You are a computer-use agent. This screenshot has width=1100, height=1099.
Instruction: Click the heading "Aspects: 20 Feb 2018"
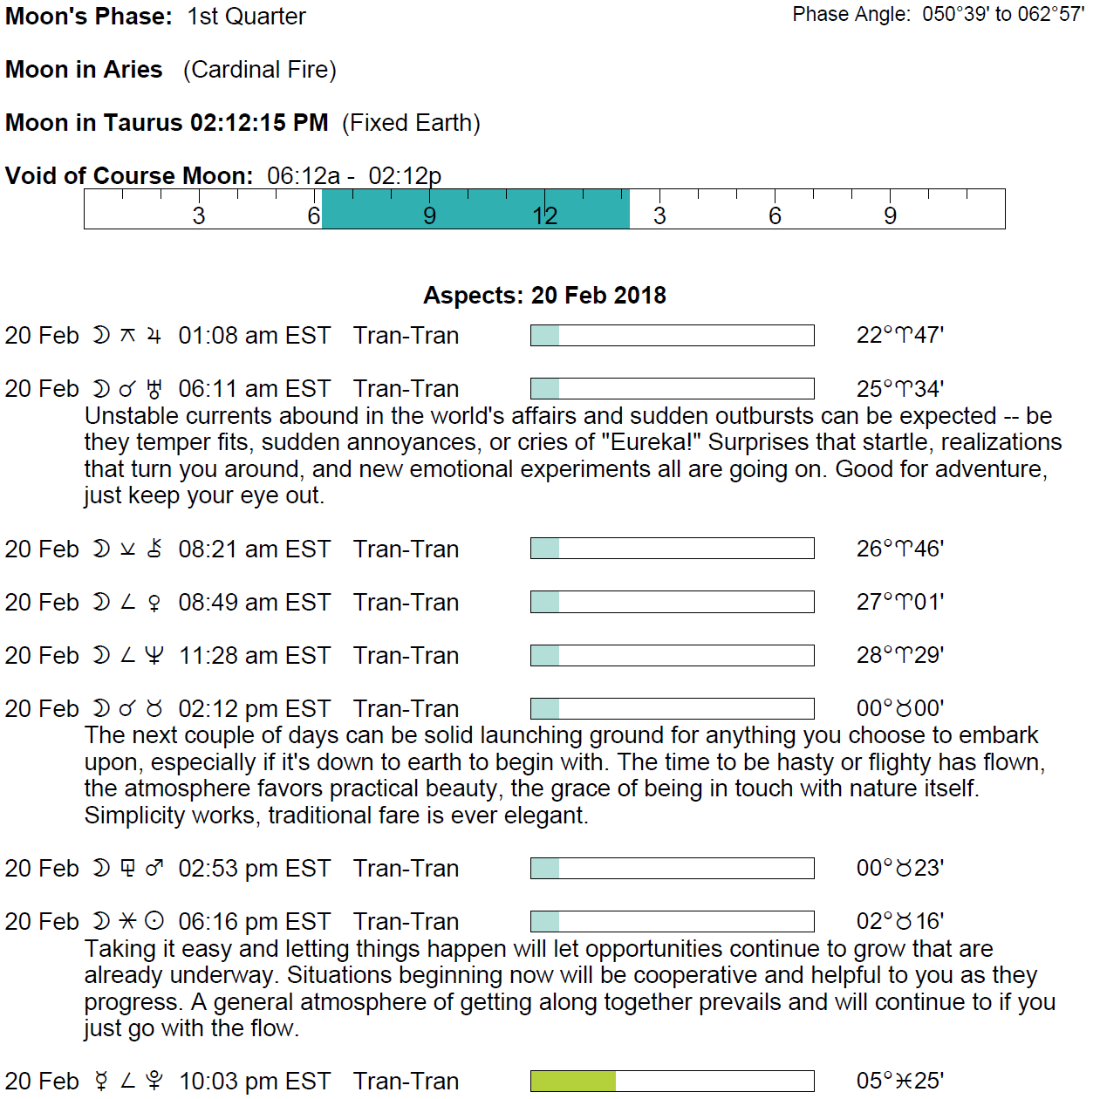click(x=544, y=296)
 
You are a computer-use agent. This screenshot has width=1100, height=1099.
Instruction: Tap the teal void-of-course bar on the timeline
click(x=475, y=209)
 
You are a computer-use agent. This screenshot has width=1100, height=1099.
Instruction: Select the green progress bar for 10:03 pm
click(x=573, y=1082)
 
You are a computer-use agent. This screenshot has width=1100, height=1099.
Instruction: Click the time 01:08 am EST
click(x=254, y=336)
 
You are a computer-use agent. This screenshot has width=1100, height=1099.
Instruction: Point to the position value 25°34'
click(x=899, y=389)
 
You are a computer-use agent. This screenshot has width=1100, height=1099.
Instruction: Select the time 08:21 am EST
click(x=254, y=549)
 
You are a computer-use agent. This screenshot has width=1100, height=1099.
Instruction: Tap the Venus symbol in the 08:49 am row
click(x=154, y=603)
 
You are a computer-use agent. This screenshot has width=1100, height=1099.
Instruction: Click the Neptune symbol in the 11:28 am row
click(x=154, y=656)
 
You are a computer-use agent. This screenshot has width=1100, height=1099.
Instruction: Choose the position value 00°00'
click(x=899, y=709)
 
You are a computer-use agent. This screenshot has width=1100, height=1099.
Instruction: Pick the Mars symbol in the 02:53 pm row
click(x=154, y=869)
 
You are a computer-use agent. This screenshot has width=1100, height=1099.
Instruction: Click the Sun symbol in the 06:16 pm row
click(x=154, y=922)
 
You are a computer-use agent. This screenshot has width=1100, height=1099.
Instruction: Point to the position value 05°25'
click(x=899, y=1082)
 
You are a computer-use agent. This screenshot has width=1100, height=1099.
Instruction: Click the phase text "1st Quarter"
click(x=247, y=17)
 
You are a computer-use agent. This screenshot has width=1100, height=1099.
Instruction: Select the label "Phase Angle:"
click(x=851, y=14)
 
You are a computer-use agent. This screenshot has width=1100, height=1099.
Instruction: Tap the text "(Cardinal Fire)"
click(x=260, y=70)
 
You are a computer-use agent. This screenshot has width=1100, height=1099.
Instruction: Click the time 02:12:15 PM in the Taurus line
click(x=259, y=123)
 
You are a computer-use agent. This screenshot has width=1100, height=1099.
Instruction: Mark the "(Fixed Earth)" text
click(x=411, y=123)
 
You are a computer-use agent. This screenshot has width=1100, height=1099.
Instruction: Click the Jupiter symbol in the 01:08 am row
click(x=154, y=336)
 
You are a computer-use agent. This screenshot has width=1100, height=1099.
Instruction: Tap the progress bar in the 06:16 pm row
click(x=672, y=922)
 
